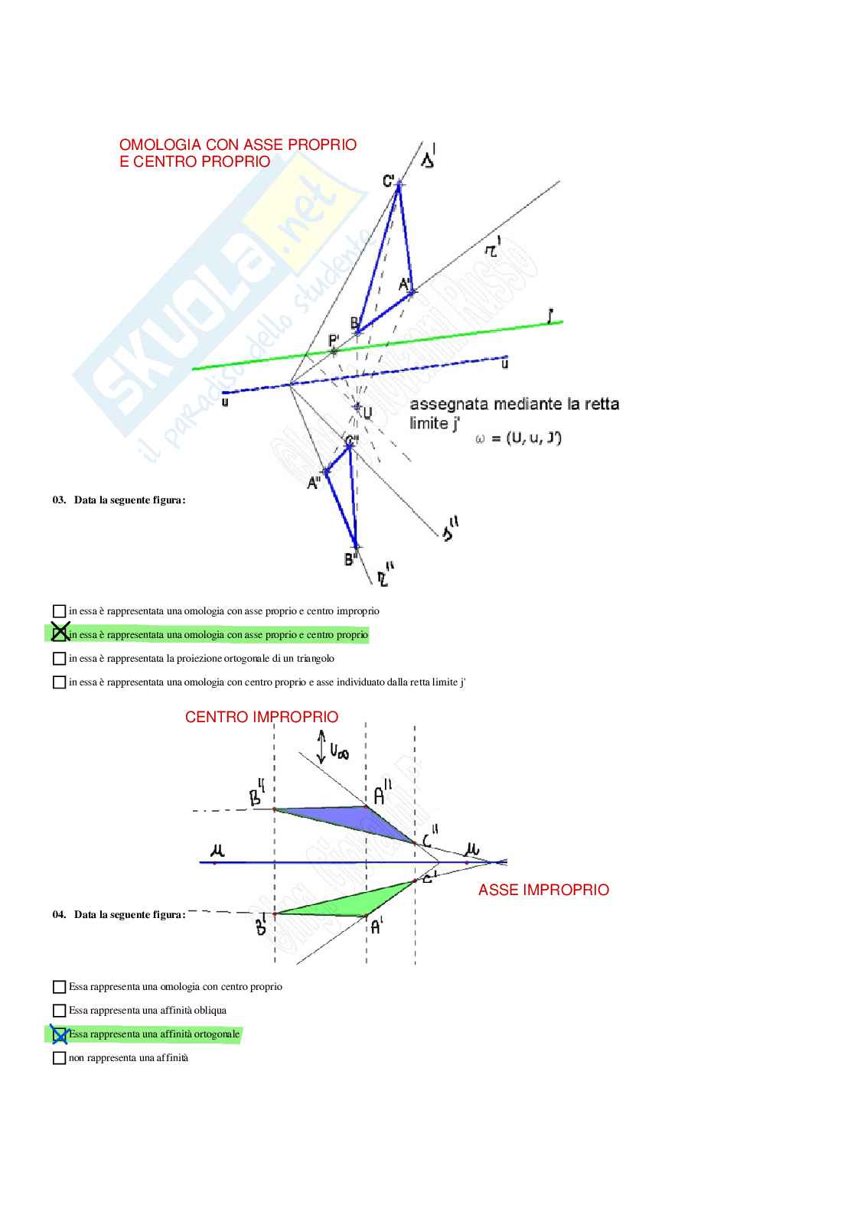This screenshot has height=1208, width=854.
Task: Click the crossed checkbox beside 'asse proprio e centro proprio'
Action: pos(60,633)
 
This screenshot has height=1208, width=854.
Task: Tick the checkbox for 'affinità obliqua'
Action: pos(59,1011)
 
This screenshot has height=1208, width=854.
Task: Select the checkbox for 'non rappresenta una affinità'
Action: pos(59,1058)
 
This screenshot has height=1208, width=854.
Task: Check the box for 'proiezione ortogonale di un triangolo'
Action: pos(59,658)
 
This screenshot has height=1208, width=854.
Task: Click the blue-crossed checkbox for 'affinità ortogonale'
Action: pos(59,1034)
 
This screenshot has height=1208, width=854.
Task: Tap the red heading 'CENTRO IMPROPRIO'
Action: pos(261,717)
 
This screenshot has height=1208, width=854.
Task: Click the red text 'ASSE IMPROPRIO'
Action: pos(543,890)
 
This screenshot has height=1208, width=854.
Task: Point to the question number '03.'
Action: pos(59,500)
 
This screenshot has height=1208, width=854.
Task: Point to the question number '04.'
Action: pos(59,915)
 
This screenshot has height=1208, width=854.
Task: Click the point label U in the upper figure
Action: pos(367,413)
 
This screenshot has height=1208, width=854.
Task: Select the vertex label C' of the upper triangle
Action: pos(389,181)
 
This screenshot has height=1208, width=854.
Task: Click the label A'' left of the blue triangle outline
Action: pos(314,484)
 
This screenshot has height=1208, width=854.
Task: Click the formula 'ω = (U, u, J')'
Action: pos(518,438)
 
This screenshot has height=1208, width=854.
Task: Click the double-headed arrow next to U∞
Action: pos(321,747)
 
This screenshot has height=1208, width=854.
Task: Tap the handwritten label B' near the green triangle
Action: pos(260,925)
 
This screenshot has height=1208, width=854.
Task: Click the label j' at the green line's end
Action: pos(550,315)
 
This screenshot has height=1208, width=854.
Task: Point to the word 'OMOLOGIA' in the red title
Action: pos(160,145)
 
